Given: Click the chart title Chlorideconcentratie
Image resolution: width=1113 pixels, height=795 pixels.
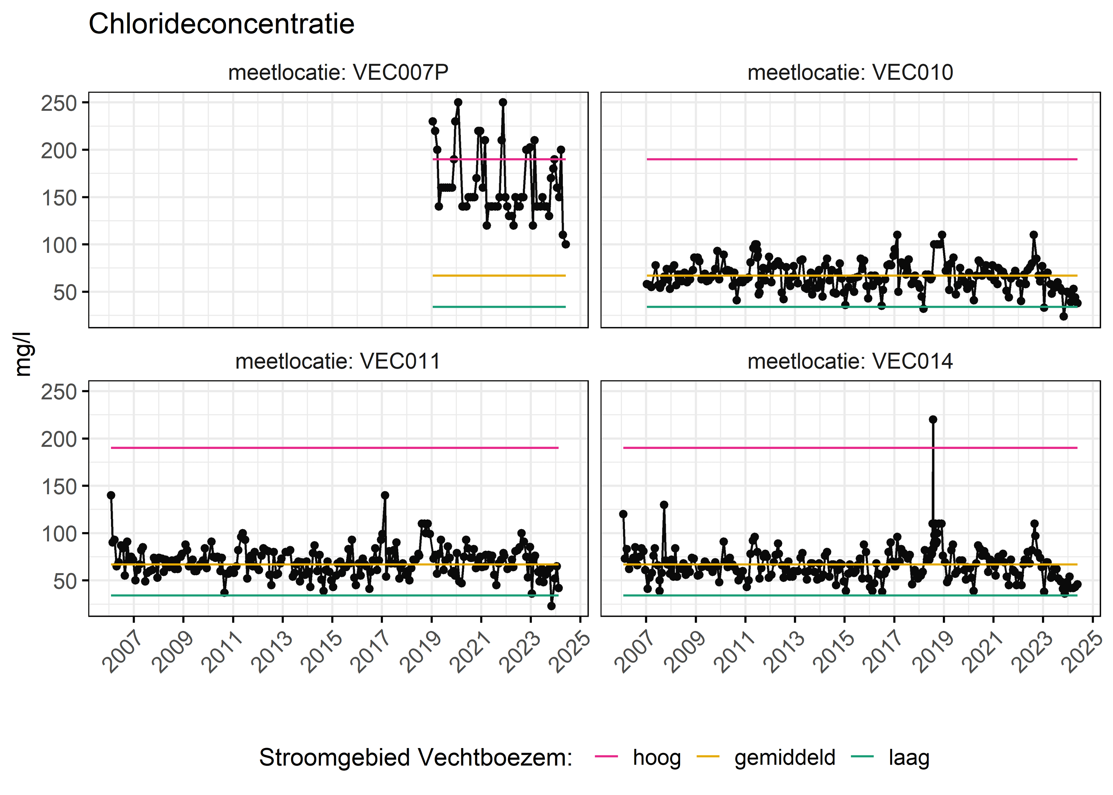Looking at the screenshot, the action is coord(221,24).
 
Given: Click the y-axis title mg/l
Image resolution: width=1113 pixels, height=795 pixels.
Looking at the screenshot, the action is coord(23,354).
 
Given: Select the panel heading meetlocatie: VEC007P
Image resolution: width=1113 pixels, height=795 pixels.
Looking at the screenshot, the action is coord(338,72).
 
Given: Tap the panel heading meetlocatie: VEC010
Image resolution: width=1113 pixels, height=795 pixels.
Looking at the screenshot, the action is coord(850,72).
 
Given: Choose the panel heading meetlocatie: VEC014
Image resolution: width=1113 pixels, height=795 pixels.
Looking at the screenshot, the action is coord(850,361).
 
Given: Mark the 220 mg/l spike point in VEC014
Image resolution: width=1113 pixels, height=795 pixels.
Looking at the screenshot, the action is coord(933,420).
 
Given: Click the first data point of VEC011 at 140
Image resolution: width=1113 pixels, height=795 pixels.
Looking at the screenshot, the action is coord(111,495).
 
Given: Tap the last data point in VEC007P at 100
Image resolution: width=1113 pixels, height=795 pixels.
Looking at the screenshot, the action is coord(566,244).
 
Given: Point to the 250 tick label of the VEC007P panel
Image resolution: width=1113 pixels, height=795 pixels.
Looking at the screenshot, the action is coord(59,103).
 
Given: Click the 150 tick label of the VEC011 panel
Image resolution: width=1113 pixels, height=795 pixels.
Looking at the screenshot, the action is coord(59,487).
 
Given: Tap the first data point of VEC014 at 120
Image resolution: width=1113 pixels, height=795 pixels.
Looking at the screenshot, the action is coord(623,514).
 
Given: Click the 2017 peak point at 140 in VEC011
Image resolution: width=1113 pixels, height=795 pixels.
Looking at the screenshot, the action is coord(385,495).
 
